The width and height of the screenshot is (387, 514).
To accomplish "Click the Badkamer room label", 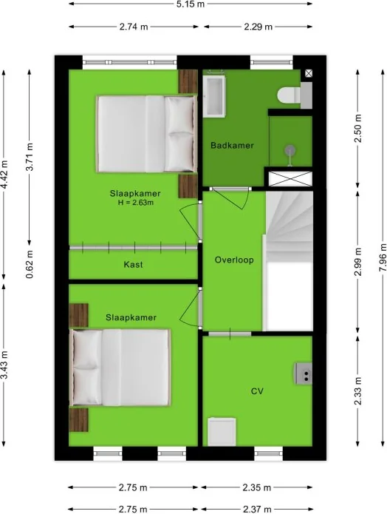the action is [232, 145].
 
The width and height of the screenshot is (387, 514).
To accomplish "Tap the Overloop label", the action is [234, 260].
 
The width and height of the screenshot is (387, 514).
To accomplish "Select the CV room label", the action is [257, 391].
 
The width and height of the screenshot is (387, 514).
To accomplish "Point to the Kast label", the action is [133, 264].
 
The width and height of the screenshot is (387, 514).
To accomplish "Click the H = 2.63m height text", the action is [136, 203].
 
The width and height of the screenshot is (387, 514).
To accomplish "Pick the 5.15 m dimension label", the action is [191, 4].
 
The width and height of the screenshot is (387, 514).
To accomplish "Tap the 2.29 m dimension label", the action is [258, 27].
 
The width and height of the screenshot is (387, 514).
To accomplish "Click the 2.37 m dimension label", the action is [257, 509].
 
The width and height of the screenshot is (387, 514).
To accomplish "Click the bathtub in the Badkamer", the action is [213, 96].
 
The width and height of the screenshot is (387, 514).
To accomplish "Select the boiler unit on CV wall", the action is [304, 373].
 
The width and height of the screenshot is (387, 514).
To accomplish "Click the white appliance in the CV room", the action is [222, 432].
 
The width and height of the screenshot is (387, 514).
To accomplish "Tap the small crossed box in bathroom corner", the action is [309, 73].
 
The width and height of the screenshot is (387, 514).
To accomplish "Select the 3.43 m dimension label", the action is [4, 365].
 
